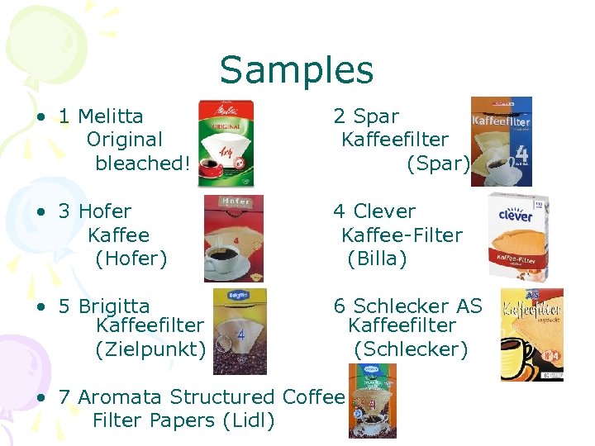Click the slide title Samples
pyautogui.click(x=297, y=70)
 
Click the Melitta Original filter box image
pyautogui.click(x=226, y=145)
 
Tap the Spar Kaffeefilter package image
pyautogui.click(x=501, y=141)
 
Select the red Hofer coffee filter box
pyautogui.click(x=233, y=239)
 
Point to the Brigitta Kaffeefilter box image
pyautogui.click(x=240, y=331)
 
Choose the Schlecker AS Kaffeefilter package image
pyautogui.click(x=531, y=334)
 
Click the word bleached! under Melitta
pyautogui.click(x=143, y=164)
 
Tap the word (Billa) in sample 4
pyautogui.click(x=378, y=259)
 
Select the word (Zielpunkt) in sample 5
pyautogui.click(x=151, y=349)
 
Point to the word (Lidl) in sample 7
pyautogui.click(x=249, y=420)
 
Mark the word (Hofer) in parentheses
pyautogui.click(x=131, y=259)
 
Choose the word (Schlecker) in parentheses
pyautogui.click(x=411, y=349)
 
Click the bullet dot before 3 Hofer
pyautogui.click(x=40, y=212)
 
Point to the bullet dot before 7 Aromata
pyautogui.click(x=40, y=398)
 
